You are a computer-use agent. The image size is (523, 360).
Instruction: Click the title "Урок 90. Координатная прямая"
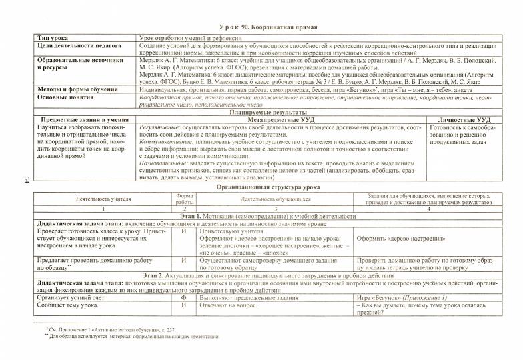click(267, 27)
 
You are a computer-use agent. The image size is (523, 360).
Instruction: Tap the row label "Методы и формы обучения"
click(75, 88)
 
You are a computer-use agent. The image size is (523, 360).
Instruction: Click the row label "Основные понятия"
click(64, 96)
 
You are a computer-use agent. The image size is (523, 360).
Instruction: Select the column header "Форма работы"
click(184, 198)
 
